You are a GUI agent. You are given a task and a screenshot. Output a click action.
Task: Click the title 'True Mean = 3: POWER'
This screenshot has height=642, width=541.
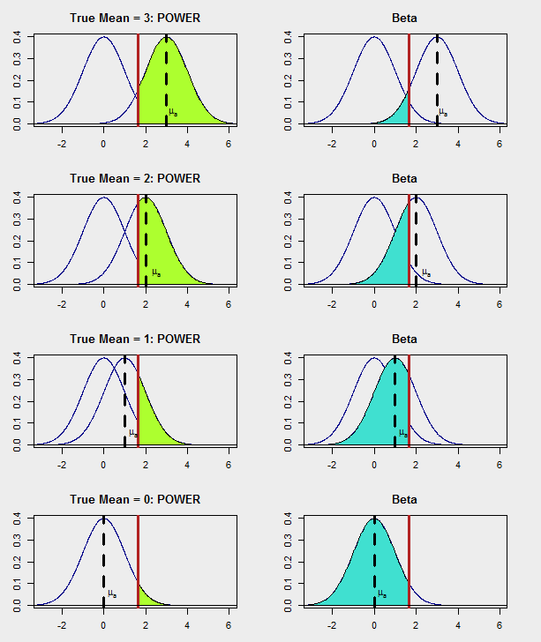pyautogui.click(x=135, y=18)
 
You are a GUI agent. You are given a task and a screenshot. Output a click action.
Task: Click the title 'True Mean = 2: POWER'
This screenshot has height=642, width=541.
pyautogui.click(x=135, y=178)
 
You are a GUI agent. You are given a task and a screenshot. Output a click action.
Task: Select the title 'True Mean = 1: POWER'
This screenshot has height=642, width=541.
pyautogui.click(x=135, y=339)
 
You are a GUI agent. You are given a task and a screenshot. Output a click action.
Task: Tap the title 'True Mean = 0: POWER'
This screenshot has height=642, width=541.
pyautogui.click(x=135, y=499)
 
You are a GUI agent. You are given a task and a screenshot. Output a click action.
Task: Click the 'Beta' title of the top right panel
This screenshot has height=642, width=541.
pyautogui.click(x=405, y=18)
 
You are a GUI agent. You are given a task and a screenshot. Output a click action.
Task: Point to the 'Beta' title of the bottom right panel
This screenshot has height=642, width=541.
pyautogui.click(x=405, y=499)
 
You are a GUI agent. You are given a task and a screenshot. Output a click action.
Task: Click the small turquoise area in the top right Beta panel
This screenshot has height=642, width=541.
pyautogui.click(x=402, y=113)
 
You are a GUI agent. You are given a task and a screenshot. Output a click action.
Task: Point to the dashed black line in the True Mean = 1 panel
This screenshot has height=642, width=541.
pyautogui.click(x=124, y=397)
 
